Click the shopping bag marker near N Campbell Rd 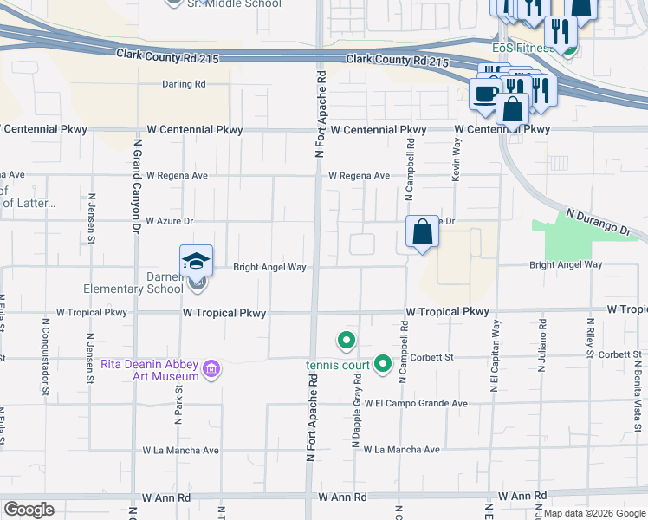coord(422,233)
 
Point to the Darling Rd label coord(184,84)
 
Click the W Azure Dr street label coord(169,221)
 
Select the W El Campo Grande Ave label coord(416,403)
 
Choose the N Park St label coord(178,400)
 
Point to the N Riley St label coord(589,338)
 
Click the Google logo coord(29,510)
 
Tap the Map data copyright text coord(593,513)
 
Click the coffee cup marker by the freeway coord(484,93)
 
